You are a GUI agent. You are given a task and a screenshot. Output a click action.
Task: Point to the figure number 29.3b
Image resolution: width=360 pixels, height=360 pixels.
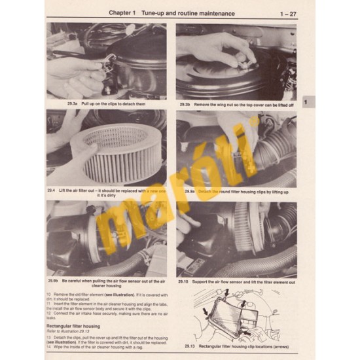188,103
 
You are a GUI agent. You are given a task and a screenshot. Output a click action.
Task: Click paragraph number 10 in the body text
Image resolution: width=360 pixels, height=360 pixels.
48,295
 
